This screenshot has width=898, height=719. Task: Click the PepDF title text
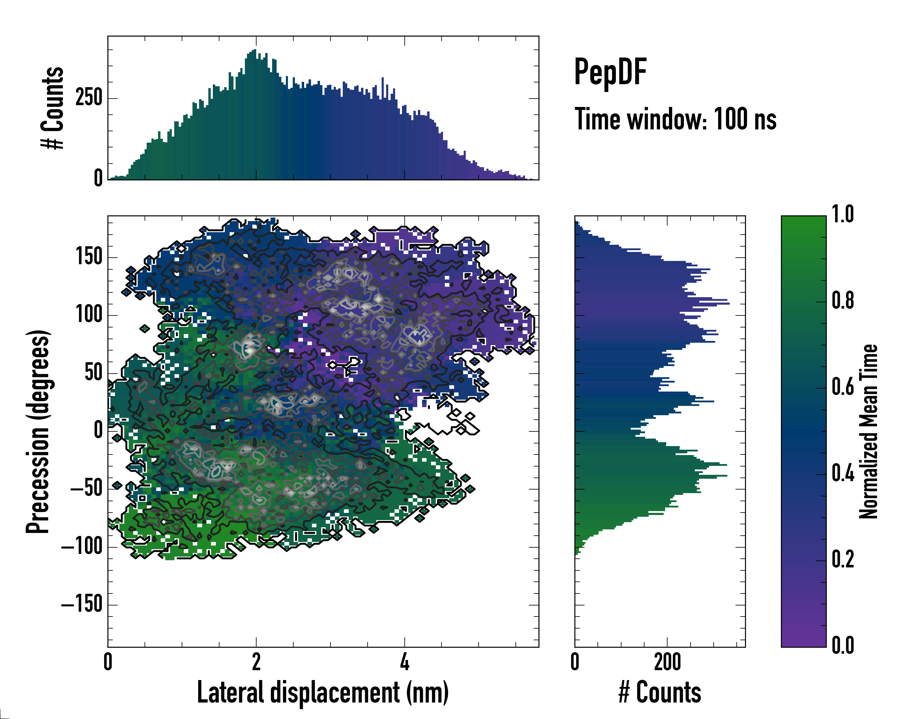610,72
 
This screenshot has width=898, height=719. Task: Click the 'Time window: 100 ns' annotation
675,119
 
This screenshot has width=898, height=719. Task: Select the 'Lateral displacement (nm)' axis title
323,692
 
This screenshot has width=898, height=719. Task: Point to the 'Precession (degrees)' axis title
38,431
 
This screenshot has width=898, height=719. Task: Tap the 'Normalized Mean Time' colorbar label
869,431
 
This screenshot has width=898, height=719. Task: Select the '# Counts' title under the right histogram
660,692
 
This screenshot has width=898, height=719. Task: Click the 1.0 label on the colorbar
843,215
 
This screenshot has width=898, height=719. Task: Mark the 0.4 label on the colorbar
843,474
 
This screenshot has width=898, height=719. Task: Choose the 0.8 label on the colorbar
843,301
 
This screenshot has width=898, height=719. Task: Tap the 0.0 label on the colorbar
843,646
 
